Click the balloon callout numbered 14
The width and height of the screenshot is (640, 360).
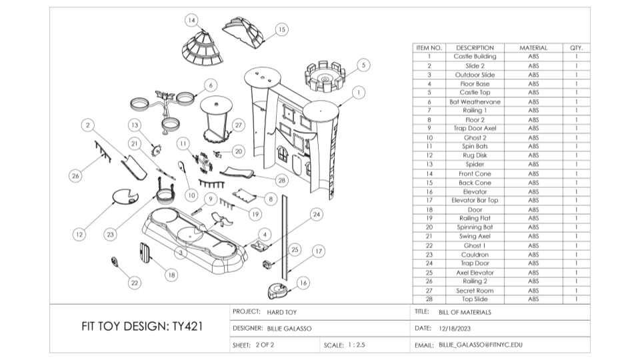[x=192, y=20]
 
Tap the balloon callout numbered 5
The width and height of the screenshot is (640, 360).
[x=363, y=65]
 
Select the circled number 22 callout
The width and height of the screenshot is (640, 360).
[x=135, y=283]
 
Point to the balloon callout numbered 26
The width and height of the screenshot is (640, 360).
[x=75, y=176]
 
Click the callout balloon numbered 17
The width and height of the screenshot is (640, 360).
[x=318, y=251]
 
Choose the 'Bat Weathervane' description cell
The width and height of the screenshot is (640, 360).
[x=475, y=102]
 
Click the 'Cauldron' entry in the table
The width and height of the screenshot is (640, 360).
[x=475, y=255]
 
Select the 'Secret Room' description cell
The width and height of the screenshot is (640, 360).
[x=475, y=291]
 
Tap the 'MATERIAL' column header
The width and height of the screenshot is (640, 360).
[x=533, y=48]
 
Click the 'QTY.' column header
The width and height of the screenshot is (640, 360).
[x=576, y=48]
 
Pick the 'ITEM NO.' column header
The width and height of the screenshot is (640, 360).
[x=429, y=48]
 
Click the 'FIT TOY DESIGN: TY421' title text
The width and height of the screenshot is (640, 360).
[x=142, y=327]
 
